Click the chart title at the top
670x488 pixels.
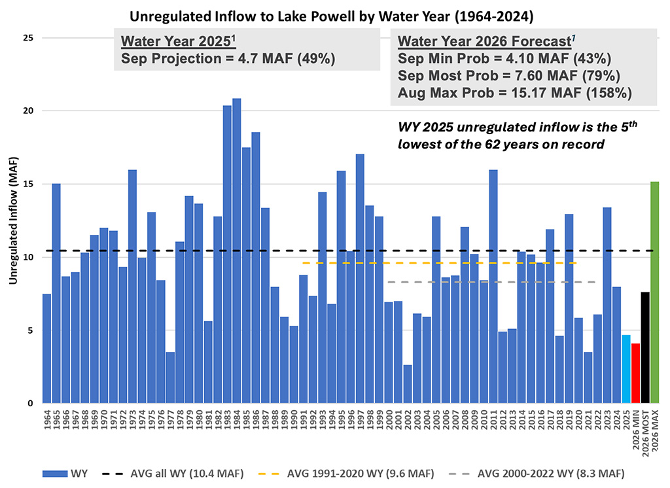[x=334, y=14]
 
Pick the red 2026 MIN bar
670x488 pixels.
[x=636, y=373]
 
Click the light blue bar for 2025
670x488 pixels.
[x=626, y=369]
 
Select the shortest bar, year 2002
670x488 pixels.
[x=408, y=384]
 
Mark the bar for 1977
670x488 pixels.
[x=170, y=377]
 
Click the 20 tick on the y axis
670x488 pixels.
[x=28, y=111]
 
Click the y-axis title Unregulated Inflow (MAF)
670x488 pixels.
[x=13, y=220]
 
